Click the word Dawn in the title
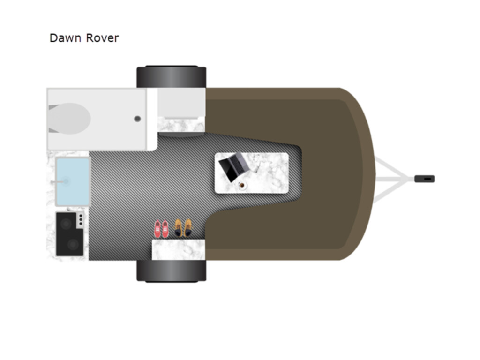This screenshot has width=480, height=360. tap(65, 38)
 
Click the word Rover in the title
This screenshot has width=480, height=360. tap(102, 38)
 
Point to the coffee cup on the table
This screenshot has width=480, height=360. tap(242, 186)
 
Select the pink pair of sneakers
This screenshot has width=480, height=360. tap(161, 229)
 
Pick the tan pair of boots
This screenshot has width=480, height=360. tap(184, 228)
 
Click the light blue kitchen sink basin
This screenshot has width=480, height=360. tap(73, 181)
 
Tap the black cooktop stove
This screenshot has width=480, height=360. tap(69, 234)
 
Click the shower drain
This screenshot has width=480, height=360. tap(137, 119)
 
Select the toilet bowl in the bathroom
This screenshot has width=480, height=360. tap(70, 119)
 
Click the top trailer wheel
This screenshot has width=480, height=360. tap(172, 77)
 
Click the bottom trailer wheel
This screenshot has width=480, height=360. tap(172, 270)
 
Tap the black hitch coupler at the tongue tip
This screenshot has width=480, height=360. tap(425, 179)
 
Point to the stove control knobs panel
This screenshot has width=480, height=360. tap(81, 219)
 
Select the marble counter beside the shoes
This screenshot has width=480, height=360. tap(179, 250)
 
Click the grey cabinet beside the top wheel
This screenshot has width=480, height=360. tap(181, 102)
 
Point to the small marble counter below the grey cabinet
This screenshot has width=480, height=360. tap(181, 125)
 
